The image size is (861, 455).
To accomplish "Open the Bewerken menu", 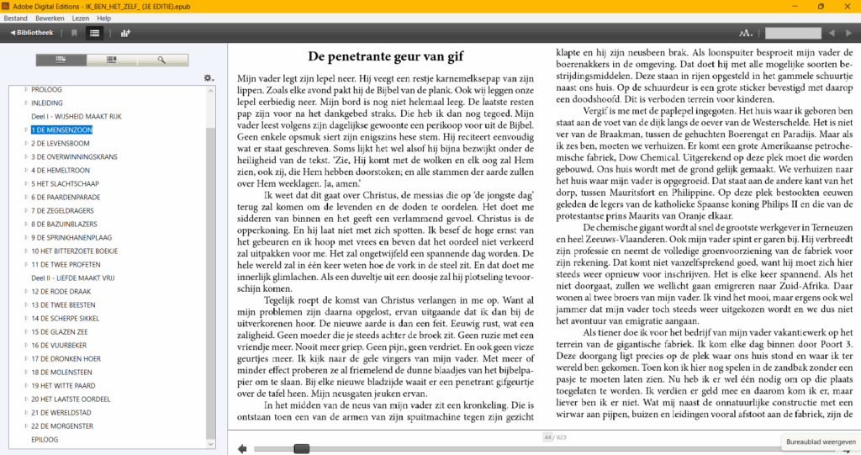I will tap(50, 18).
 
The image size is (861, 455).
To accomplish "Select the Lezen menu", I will tap(81, 18).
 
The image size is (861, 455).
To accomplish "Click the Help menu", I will tap(103, 18).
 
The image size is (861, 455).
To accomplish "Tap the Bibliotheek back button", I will tap(33, 33).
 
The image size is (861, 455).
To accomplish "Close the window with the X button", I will tap(846, 6).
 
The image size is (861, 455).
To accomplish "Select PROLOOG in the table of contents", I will tap(46, 89).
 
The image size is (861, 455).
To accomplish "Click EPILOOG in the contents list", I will tap(45, 439).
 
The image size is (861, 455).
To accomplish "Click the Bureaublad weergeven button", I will tap(820, 442).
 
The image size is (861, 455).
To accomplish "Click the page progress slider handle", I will tap(301, 448).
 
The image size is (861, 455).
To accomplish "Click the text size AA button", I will tap(746, 33).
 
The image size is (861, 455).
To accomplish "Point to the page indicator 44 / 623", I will tap(554, 437).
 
